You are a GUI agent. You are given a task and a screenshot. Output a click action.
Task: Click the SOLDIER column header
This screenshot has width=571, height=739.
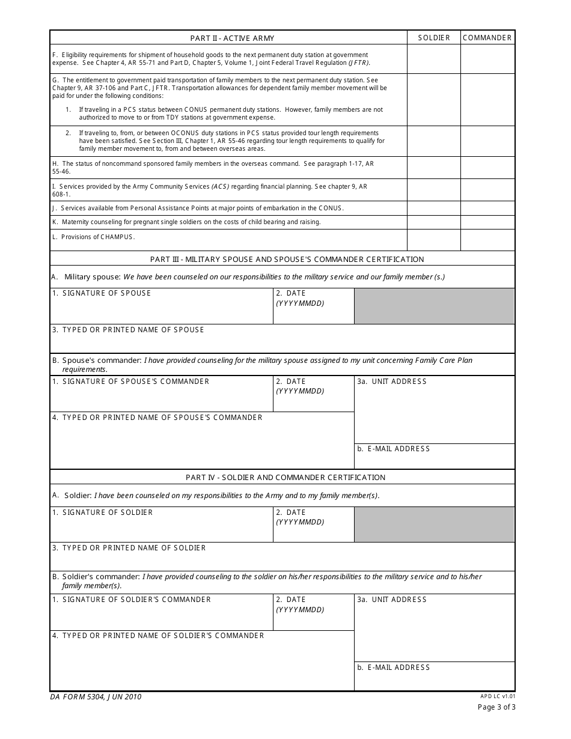coord(434,38)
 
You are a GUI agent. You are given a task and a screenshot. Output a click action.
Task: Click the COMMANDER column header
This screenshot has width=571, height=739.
coord(487,38)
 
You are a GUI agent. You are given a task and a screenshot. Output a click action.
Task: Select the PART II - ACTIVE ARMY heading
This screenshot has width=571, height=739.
coord(232,38)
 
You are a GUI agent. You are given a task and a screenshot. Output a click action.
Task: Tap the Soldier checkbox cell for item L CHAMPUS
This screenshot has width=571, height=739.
coord(434,240)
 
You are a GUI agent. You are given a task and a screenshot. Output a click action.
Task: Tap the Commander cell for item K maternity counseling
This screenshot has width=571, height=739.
coord(487,222)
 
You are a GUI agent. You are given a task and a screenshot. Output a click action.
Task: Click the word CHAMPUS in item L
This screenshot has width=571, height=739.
coord(118,237)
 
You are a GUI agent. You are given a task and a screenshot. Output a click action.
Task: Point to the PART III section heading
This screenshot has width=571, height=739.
coord(287,260)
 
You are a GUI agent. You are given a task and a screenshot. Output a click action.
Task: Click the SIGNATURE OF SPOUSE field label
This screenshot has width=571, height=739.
coord(106,293)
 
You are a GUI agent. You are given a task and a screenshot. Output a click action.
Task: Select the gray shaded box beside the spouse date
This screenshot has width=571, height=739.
coord(434,306)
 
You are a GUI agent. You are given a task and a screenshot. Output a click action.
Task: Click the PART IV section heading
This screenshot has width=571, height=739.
coord(285,478)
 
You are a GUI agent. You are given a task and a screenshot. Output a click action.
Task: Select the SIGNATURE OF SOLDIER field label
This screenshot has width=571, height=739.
coord(108,512)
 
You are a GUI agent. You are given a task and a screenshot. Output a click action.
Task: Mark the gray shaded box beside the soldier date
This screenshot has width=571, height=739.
coord(434,525)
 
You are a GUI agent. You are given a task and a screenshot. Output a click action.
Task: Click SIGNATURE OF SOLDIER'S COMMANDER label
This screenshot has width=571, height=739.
coord(136,600)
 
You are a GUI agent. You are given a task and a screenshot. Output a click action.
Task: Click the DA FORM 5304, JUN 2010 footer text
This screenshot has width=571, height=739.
coord(96,697)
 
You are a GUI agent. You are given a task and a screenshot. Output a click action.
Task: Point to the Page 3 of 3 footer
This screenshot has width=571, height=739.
coord(496,707)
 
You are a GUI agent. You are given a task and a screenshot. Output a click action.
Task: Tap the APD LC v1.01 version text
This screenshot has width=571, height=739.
coord(498,696)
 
